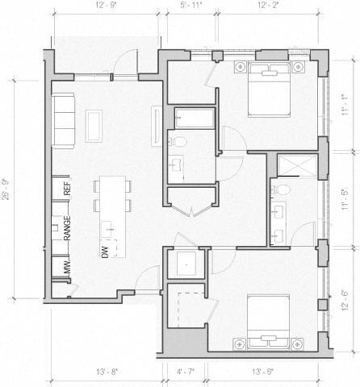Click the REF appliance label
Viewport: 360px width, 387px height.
[x=68, y=189]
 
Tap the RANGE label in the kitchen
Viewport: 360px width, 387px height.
[x=68, y=231]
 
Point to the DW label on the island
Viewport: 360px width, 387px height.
[x=105, y=253]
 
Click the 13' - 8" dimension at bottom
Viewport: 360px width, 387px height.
[x=107, y=372]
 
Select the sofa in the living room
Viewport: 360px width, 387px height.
[x=65, y=119]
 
